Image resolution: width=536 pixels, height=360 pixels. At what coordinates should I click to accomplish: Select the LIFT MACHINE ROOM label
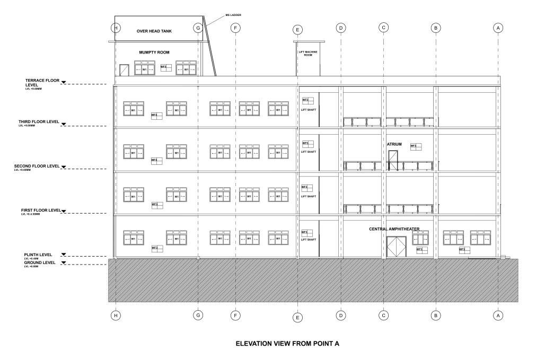click(x=308, y=53)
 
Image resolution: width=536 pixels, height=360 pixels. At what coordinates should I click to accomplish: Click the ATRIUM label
click(x=394, y=144)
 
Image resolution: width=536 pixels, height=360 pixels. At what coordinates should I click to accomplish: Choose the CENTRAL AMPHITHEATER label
click(x=394, y=230)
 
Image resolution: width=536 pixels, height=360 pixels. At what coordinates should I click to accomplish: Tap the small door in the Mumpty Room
click(x=124, y=70)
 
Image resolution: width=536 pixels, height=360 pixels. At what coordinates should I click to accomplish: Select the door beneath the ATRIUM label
click(x=393, y=160)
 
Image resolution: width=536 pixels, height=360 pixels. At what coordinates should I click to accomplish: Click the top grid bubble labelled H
click(x=116, y=28)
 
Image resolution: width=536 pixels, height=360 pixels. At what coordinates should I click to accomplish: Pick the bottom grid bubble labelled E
click(x=297, y=318)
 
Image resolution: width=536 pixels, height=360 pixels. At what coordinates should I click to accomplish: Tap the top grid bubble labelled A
click(x=497, y=28)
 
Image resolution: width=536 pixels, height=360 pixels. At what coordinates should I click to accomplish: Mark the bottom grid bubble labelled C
click(x=383, y=315)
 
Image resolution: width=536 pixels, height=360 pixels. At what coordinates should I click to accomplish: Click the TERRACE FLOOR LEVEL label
click(x=40, y=82)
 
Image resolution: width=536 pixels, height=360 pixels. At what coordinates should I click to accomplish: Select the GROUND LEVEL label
click(x=40, y=262)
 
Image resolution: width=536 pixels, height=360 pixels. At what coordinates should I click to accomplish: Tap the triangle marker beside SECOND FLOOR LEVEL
click(x=64, y=166)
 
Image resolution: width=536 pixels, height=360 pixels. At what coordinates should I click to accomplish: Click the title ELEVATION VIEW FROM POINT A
click(x=287, y=344)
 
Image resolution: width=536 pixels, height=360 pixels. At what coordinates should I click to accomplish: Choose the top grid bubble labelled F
click(x=236, y=28)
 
